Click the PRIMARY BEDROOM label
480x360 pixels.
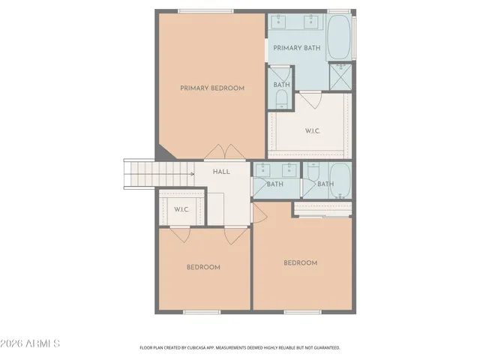212,88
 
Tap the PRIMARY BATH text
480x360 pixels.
297,48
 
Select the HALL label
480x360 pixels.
221,172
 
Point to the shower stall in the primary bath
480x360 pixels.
341,77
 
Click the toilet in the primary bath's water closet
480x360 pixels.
282,98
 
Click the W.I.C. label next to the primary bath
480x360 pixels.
313,131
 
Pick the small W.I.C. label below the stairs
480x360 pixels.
181,209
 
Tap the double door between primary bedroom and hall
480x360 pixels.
218,152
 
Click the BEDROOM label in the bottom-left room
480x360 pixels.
203,268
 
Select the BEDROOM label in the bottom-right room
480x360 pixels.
300,263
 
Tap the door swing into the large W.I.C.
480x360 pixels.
310,99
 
